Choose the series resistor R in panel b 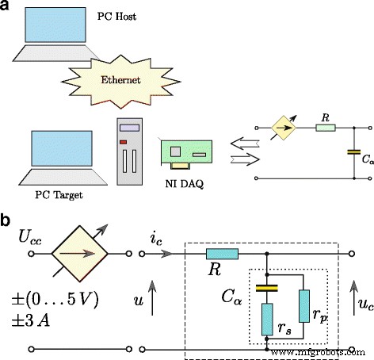[221, 255]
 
